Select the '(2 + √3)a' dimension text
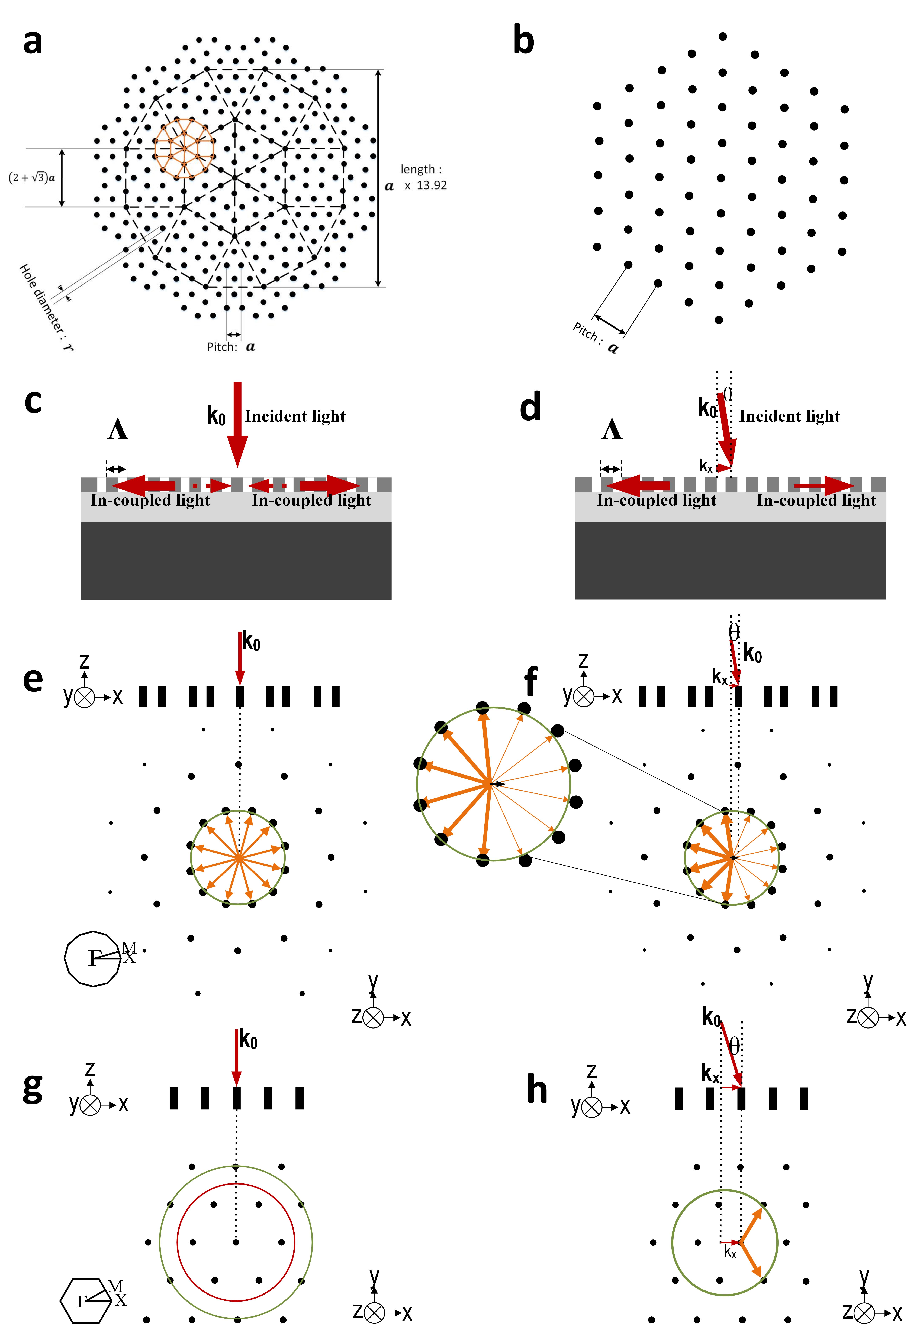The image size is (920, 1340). (32, 178)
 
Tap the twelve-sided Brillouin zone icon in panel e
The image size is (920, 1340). (92, 958)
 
